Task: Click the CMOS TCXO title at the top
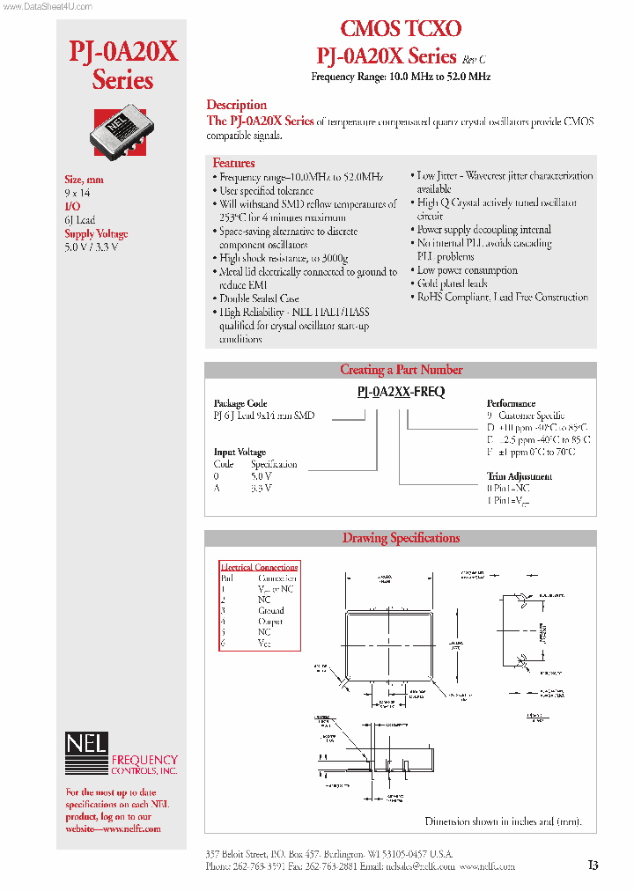click(401, 29)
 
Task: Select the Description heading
click(236, 105)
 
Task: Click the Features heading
click(233, 163)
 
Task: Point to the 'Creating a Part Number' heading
click(401, 370)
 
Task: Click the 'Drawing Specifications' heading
click(401, 538)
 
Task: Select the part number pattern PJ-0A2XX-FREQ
click(401, 393)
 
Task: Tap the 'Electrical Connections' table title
click(259, 567)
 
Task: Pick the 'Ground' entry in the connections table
click(271, 610)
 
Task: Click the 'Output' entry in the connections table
click(270, 622)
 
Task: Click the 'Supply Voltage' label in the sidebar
click(96, 234)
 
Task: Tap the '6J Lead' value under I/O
click(79, 220)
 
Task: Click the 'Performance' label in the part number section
click(511, 403)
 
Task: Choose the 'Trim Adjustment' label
click(520, 476)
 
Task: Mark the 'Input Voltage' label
click(240, 453)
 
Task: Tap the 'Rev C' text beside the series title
click(473, 59)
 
